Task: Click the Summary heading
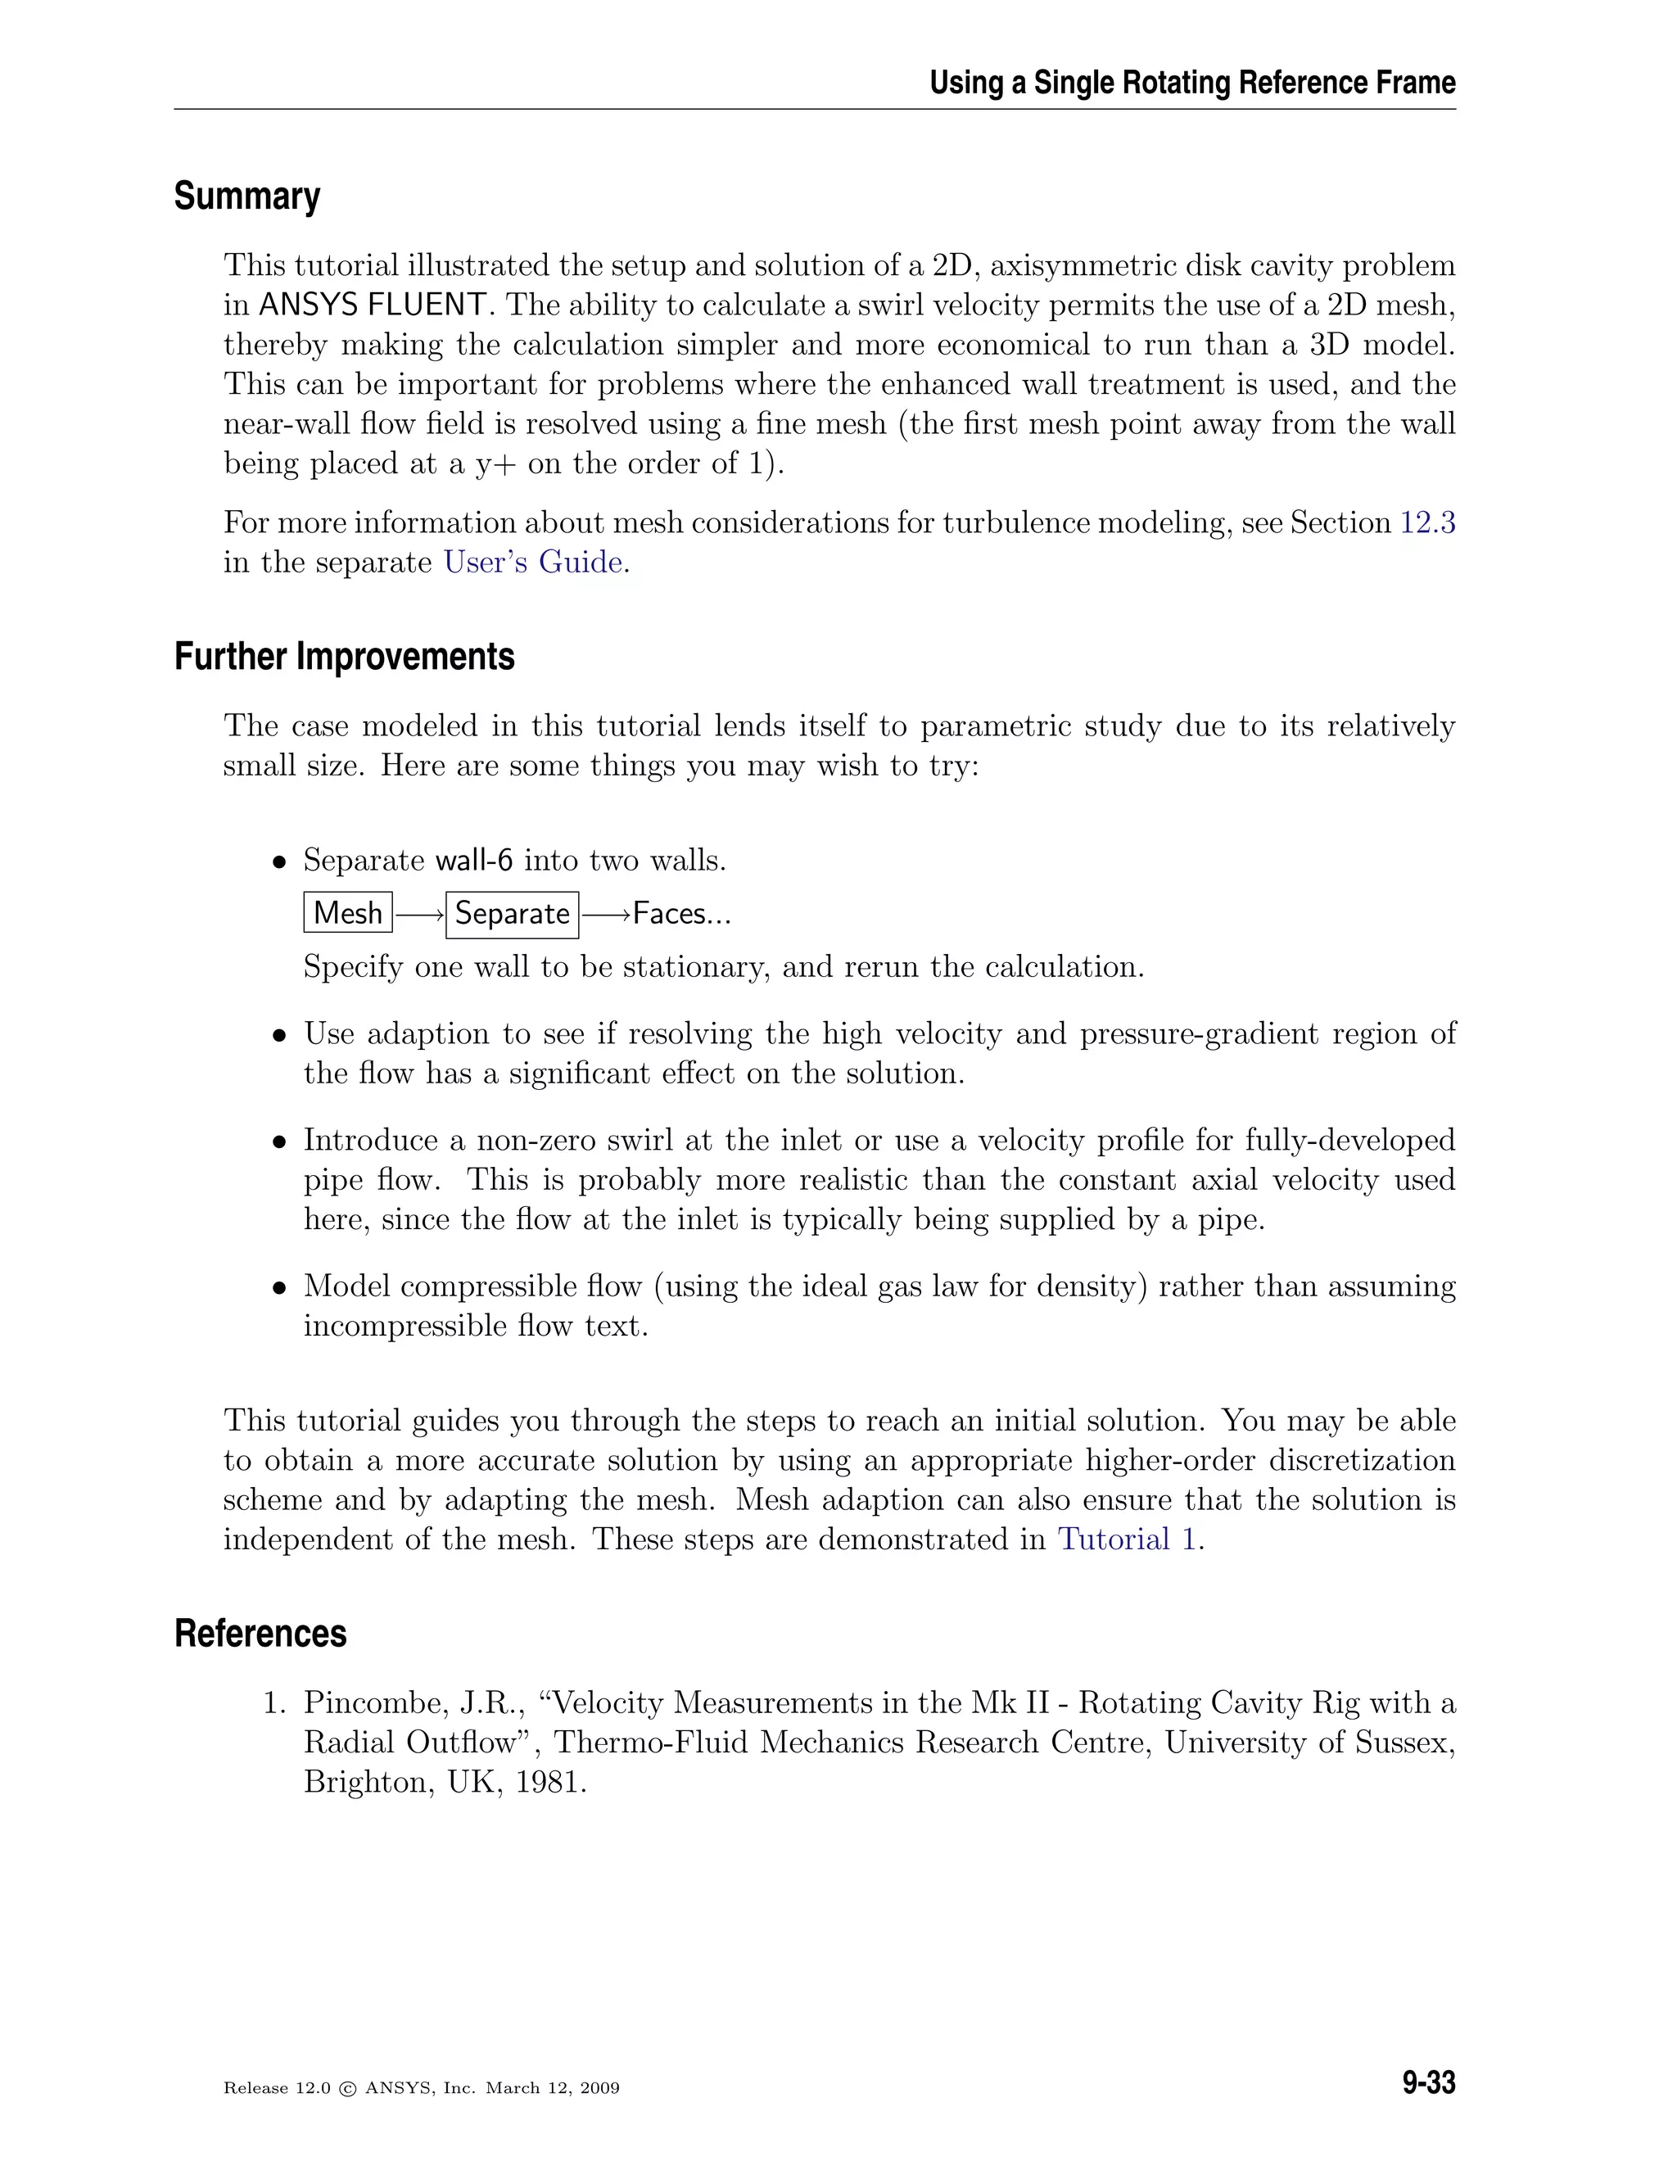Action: click(x=246, y=197)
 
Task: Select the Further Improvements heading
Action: click(x=344, y=657)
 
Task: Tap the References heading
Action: click(x=260, y=1634)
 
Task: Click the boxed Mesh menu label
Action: click(x=348, y=912)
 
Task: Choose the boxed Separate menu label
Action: click(x=512, y=913)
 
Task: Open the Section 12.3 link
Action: click(x=1426, y=522)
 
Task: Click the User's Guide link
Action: click(x=534, y=563)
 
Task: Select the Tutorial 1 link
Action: click(x=1128, y=1539)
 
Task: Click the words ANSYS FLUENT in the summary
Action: click(x=373, y=305)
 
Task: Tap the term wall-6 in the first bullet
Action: click(x=474, y=861)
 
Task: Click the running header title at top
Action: click(x=1192, y=83)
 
